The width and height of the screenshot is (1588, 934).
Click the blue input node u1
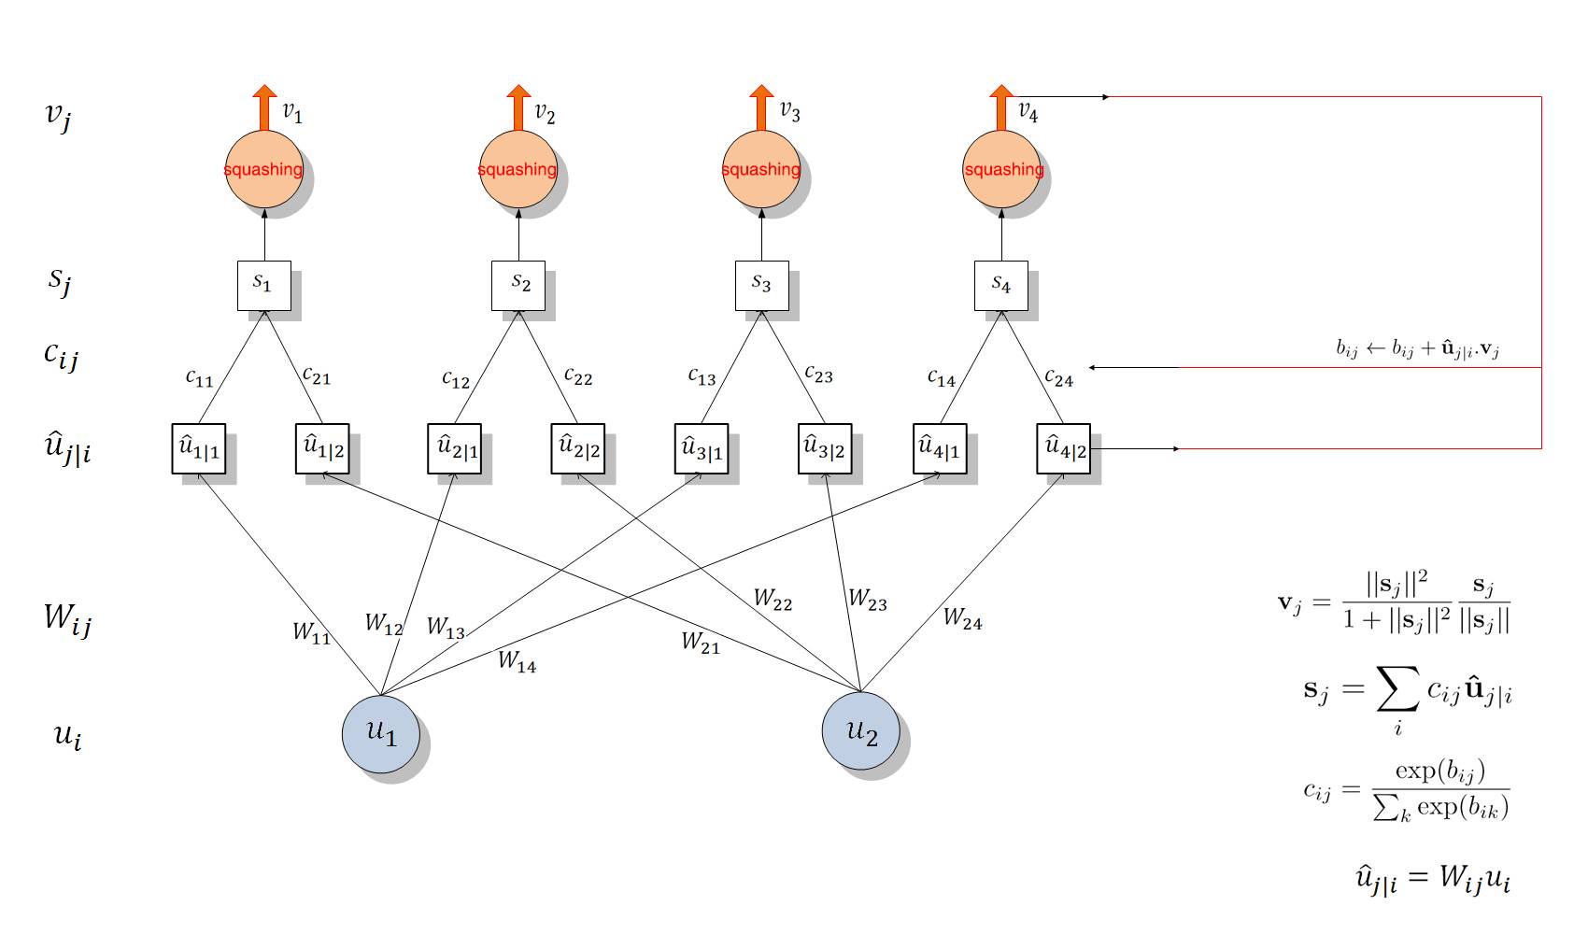(x=380, y=733)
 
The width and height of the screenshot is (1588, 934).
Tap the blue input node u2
(x=860, y=730)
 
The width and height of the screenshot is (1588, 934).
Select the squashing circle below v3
(x=761, y=169)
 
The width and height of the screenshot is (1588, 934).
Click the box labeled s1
(x=263, y=285)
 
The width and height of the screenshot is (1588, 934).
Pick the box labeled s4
(x=1000, y=285)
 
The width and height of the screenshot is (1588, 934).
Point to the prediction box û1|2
(x=322, y=448)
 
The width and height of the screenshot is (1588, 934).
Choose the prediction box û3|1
(x=701, y=448)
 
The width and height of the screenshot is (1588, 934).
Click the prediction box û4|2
(x=1063, y=448)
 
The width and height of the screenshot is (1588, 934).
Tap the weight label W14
(x=517, y=661)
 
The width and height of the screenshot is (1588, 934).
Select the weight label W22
(x=773, y=600)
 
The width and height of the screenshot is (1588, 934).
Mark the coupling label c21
(x=317, y=375)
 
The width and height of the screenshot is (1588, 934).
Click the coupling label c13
(x=702, y=376)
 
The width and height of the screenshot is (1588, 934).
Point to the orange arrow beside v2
(x=518, y=106)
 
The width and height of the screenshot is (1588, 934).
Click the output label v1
(x=292, y=113)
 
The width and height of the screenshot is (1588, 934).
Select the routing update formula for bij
(x=1417, y=349)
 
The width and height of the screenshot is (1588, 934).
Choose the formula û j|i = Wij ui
(x=1433, y=879)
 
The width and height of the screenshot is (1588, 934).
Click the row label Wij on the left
(x=67, y=618)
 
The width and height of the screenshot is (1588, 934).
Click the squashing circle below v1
(x=264, y=169)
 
